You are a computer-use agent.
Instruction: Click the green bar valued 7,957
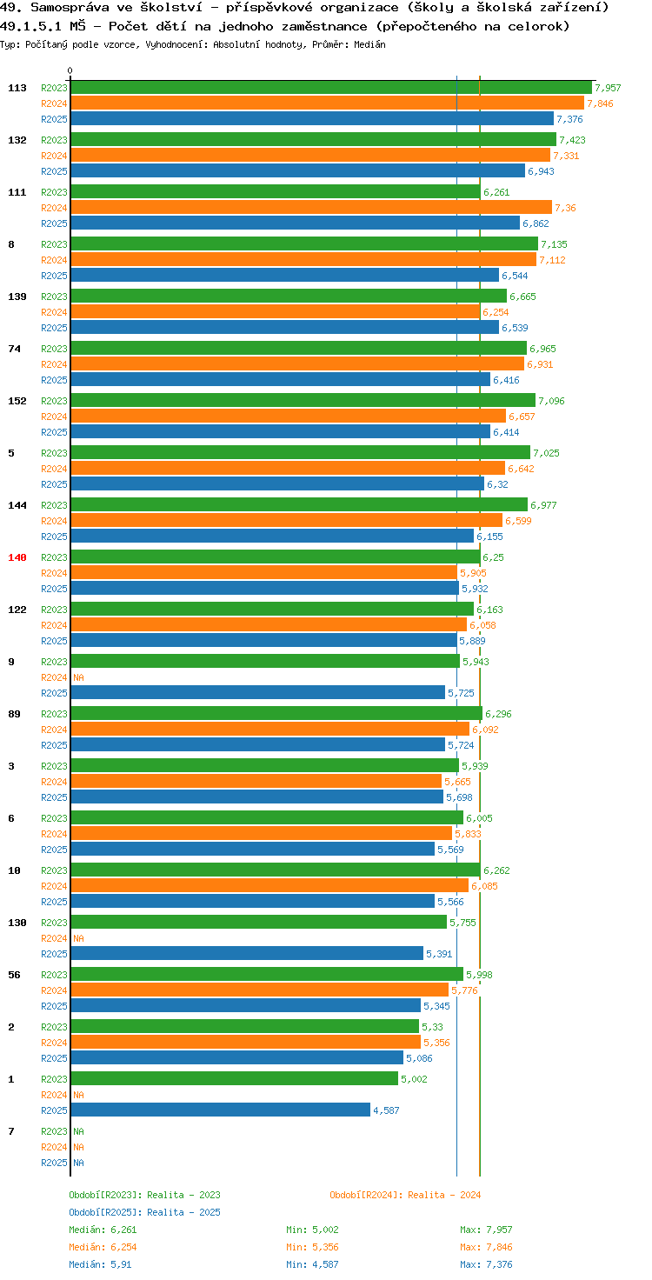coord(331,88)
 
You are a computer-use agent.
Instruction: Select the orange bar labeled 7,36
coord(311,208)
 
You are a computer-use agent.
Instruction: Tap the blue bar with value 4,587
coord(221,1110)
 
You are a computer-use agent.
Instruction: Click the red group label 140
coord(17,557)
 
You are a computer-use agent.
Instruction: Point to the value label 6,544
coord(515,276)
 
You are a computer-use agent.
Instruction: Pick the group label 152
coord(17,401)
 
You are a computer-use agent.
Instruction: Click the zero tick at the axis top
coord(70,70)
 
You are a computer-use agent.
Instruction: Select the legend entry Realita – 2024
coord(405,1194)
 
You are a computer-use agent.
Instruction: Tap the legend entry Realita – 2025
coord(144,1211)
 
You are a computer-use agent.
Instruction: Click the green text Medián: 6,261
coord(103,1230)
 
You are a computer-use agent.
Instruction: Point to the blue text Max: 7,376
coord(486,1264)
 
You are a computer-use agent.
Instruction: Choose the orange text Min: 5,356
coord(313,1247)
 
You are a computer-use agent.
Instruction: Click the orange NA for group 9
coord(78,677)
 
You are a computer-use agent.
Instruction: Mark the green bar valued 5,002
coord(235,1078)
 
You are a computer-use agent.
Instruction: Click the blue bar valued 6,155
coord(272,536)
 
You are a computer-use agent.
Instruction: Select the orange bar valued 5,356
coord(246,1042)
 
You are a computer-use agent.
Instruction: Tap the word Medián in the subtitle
coord(369,44)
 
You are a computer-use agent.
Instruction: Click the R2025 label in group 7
coord(54,1163)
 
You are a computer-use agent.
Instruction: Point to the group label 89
coord(14,714)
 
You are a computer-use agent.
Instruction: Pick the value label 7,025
coord(546,452)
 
